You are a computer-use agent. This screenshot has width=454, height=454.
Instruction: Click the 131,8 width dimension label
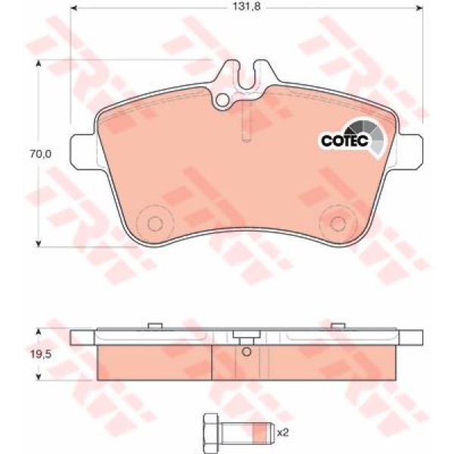(x=247, y=6)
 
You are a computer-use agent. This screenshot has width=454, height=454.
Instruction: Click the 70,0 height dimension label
(x=41, y=154)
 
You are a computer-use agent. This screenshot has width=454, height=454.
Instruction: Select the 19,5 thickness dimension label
(x=41, y=354)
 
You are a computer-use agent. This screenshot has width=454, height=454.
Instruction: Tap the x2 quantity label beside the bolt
(x=283, y=433)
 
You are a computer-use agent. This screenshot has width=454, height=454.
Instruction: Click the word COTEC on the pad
(x=344, y=141)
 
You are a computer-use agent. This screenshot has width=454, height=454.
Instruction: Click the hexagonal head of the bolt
(x=210, y=434)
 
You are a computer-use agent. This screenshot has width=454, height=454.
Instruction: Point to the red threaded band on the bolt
(x=259, y=434)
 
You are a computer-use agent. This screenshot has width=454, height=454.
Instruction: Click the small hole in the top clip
(x=222, y=100)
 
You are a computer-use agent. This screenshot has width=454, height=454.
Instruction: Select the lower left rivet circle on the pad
(x=155, y=223)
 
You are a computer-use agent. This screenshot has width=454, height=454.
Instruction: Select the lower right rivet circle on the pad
(x=338, y=223)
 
